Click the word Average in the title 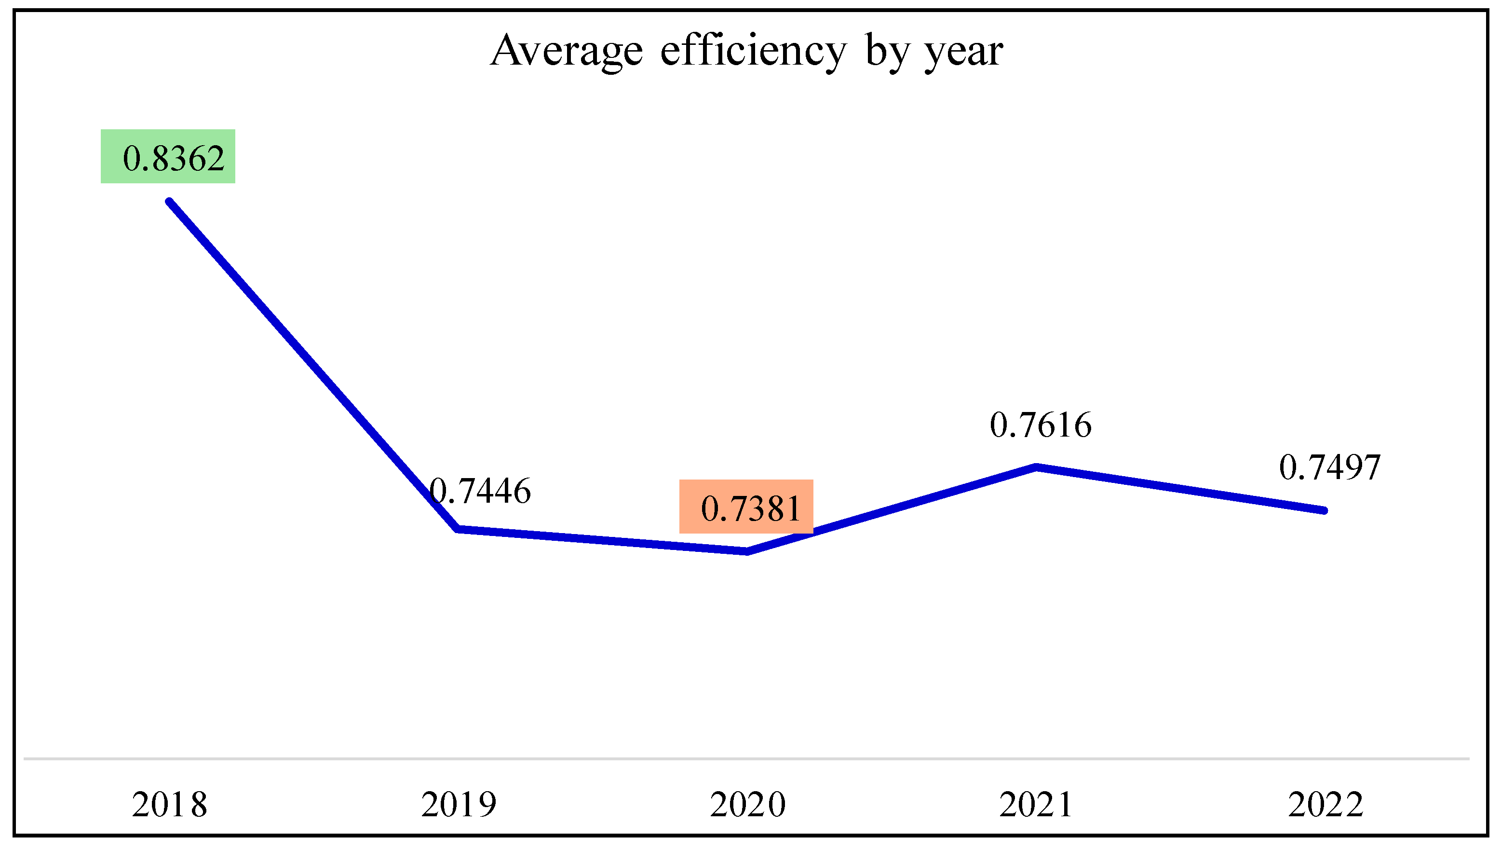click(x=567, y=52)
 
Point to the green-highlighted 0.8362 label click(x=168, y=157)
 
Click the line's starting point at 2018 click(x=169, y=202)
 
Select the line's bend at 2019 click(x=459, y=529)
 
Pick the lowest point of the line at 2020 click(x=747, y=551)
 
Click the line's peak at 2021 click(x=1036, y=467)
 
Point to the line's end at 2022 click(x=1324, y=510)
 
